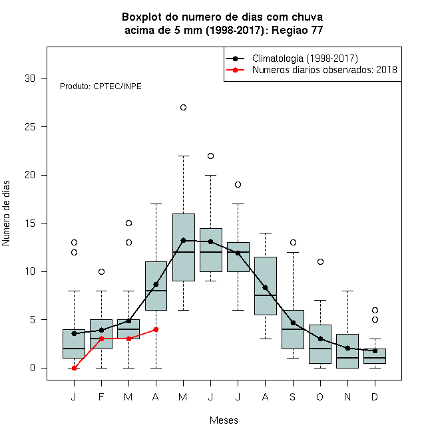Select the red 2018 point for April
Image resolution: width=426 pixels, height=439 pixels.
pyautogui.click(x=156, y=329)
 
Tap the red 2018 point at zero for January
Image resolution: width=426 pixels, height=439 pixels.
pyautogui.click(x=74, y=368)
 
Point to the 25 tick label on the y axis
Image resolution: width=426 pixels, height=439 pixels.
pyautogui.click(x=30, y=127)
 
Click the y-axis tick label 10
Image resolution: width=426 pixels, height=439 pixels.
pyautogui.click(x=30, y=271)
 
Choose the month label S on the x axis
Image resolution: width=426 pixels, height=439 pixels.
pyautogui.click(x=293, y=396)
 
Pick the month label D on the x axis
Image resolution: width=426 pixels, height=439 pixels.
pyautogui.click(x=375, y=396)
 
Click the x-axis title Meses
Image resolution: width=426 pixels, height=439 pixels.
pyautogui.click(x=224, y=420)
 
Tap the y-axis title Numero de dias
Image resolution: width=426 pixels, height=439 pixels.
pyautogui.click(x=6, y=214)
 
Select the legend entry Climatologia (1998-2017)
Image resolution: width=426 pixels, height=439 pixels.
pyautogui.click(x=305, y=59)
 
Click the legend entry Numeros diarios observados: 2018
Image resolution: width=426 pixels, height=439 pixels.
pyautogui.click(x=325, y=70)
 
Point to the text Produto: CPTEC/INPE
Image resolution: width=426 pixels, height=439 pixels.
pyautogui.click(x=101, y=86)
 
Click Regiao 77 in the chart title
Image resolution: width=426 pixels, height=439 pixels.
pyautogui.click(x=298, y=30)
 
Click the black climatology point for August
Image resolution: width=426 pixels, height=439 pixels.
pyautogui.click(x=265, y=288)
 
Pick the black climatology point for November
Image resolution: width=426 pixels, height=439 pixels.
pyautogui.click(x=348, y=348)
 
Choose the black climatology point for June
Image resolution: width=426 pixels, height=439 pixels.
pyautogui.click(x=211, y=241)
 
